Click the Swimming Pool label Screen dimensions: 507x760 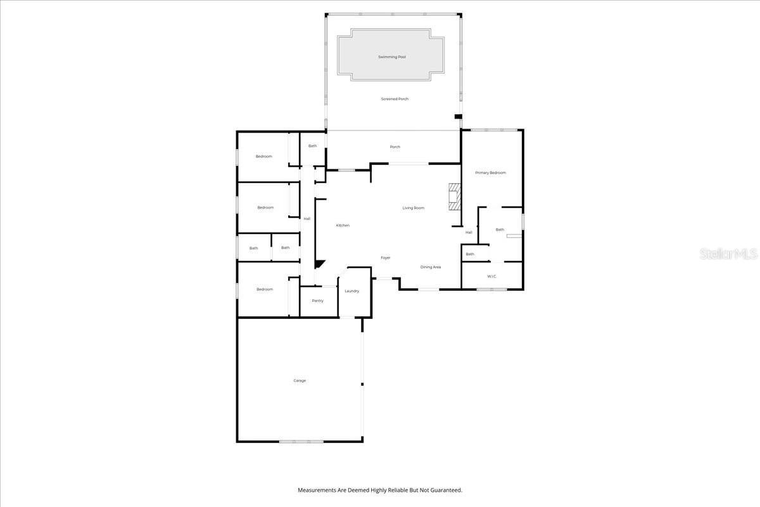392,57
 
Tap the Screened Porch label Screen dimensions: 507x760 395,99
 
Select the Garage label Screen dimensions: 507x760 300,381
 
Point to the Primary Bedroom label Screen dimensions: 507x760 491,173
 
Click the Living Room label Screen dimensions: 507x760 414,208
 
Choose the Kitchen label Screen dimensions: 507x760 343,226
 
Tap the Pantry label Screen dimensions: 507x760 317,300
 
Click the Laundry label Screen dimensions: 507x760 352,291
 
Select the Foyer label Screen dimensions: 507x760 385,258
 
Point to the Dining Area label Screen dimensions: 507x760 431,267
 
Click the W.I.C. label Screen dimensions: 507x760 492,276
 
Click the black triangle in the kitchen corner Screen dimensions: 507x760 320,264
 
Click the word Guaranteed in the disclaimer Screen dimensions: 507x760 447,490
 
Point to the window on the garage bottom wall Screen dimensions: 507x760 301,441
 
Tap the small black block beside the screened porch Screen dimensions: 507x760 458,117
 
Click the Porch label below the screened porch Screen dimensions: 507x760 395,147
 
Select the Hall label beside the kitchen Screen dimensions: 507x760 307,219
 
